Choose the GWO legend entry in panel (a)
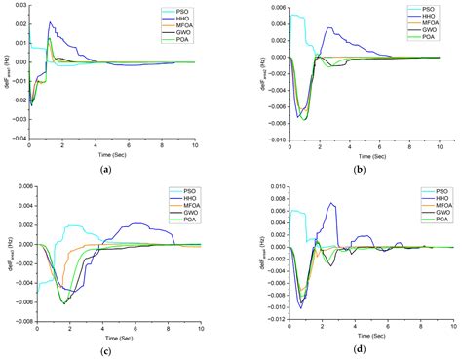[174, 34]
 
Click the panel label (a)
[104, 168]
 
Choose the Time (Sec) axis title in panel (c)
[115, 338]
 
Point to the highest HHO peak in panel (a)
[50, 22]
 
